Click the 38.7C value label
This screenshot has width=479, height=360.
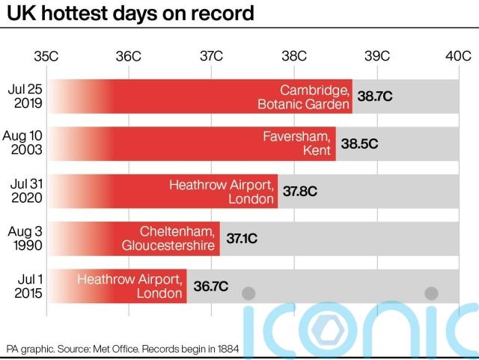(375, 97)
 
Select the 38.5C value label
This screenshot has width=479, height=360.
(359, 144)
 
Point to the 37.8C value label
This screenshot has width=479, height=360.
(300, 191)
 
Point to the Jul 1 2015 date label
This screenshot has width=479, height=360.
(28, 284)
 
